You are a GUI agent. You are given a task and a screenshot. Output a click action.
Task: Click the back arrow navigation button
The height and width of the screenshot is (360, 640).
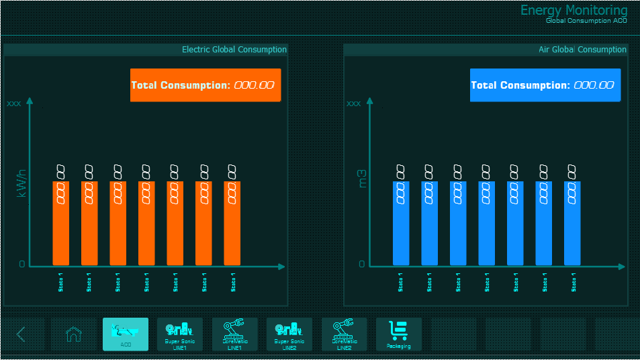21,334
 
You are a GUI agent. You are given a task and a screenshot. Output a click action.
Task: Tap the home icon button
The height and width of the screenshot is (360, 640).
73,334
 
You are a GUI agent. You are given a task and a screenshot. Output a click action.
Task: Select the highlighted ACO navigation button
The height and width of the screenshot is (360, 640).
126,334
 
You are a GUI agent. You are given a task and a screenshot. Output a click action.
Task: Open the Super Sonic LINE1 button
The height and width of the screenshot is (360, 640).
179,334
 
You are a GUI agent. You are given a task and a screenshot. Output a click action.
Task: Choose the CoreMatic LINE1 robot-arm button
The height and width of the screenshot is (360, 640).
234,334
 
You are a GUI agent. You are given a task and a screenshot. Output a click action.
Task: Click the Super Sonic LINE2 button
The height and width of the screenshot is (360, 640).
289,334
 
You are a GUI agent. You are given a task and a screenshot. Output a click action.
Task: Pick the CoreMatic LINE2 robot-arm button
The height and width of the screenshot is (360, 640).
344,334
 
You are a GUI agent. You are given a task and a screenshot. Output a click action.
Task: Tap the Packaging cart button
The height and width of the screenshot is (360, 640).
399,334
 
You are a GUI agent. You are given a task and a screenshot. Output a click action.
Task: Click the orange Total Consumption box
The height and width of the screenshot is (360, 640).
205,85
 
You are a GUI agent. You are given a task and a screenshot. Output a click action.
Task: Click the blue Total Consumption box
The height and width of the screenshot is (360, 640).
545,85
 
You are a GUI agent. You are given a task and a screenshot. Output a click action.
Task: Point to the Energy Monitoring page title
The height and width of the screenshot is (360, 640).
574,10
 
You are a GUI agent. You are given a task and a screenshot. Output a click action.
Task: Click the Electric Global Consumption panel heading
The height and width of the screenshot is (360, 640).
234,50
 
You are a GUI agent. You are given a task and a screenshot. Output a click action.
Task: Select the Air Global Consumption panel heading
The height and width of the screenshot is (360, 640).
582,50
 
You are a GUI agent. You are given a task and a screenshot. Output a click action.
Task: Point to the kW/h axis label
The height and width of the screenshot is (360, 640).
21,183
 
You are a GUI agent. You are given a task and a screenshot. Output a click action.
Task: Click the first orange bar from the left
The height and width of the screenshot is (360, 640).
61,223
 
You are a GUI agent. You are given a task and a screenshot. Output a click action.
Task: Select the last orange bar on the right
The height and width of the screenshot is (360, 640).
232,223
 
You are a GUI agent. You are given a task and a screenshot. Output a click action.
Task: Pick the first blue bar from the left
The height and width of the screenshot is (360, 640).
402,223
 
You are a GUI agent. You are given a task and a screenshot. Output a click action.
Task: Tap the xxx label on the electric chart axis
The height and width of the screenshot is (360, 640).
13,104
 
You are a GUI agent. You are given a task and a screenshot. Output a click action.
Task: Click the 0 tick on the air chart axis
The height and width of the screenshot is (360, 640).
362,264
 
